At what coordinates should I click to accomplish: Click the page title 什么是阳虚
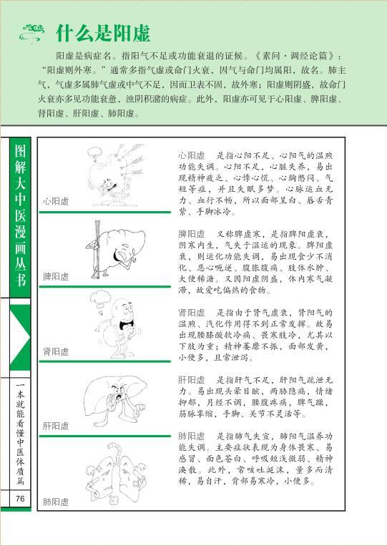[103, 34]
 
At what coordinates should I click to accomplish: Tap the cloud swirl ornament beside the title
[32, 33]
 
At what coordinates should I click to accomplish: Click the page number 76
[20, 498]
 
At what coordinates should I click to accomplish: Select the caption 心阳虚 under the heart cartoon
[56, 201]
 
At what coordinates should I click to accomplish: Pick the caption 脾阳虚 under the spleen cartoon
[56, 277]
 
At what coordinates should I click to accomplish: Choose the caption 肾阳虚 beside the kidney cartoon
[56, 351]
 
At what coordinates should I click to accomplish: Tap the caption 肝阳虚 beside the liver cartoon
[56, 426]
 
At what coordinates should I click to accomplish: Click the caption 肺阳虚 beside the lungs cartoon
[56, 502]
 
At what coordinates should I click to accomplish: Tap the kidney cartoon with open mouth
[118, 327]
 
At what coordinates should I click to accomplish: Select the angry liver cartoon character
[117, 401]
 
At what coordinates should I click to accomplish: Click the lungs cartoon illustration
[117, 474]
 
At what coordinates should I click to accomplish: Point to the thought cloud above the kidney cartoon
[100, 299]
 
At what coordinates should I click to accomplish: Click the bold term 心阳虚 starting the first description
[192, 155]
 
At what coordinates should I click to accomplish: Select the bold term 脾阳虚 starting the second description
[192, 234]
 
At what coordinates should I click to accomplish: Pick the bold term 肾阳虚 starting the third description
[192, 312]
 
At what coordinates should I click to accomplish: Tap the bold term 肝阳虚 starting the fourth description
[192, 380]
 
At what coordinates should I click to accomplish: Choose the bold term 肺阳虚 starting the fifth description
[192, 437]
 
